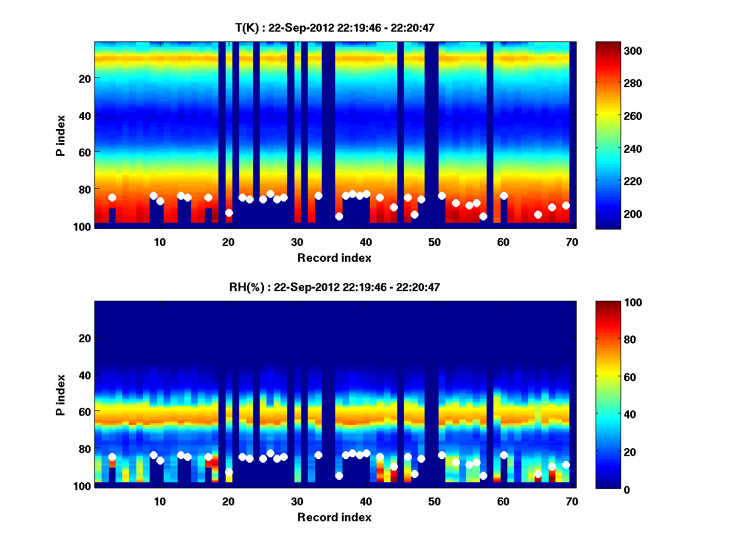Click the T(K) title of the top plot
pyautogui.click(x=335, y=27)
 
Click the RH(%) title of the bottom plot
pyautogui.click(x=335, y=287)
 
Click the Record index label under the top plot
pyautogui.click(x=335, y=258)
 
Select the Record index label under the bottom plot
pyautogui.click(x=335, y=517)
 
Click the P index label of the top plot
pyautogui.click(x=60, y=135)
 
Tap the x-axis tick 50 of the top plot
pyautogui.click(x=434, y=242)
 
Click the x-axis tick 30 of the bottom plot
pyautogui.click(x=297, y=501)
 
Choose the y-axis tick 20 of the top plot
pyautogui.click(x=84, y=78)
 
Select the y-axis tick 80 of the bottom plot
pyautogui.click(x=84, y=449)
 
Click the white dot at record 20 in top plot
pyautogui.click(x=229, y=213)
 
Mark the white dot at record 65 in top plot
pyautogui.click(x=538, y=214)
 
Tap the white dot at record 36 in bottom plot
pyautogui.click(x=339, y=476)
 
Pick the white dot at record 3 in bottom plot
pyautogui.click(x=112, y=457)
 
